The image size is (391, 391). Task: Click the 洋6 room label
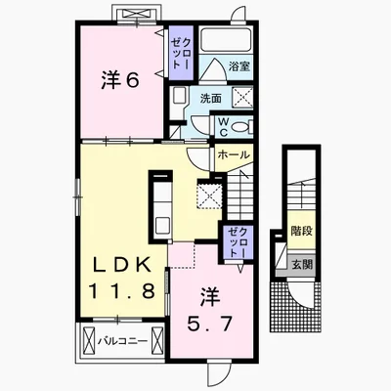(x=120, y=80)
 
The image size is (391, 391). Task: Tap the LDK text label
(x=122, y=266)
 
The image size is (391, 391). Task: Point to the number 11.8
(x=121, y=291)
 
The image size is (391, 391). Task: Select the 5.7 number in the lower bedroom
(x=209, y=324)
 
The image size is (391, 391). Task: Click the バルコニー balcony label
(x=122, y=341)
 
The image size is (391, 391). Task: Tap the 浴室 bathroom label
(x=239, y=66)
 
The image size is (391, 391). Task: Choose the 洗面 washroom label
(x=211, y=98)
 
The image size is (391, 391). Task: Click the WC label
(x=224, y=127)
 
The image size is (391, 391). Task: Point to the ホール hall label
(x=233, y=155)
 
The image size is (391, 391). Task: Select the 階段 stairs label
(x=302, y=231)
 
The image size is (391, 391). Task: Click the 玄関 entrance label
(x=302, y=265)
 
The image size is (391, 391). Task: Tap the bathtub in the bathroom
(x=226, y=40)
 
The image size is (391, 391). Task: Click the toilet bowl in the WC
(x=241, y=127)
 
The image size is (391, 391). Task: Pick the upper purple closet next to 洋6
(x=181, y=53)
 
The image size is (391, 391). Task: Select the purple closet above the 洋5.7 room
(x=238, y=242)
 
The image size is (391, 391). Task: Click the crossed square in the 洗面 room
(x=242, y=97)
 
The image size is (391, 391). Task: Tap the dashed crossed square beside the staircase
(x=209, y=195)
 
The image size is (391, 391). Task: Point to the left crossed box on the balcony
(x=89, y=342)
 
